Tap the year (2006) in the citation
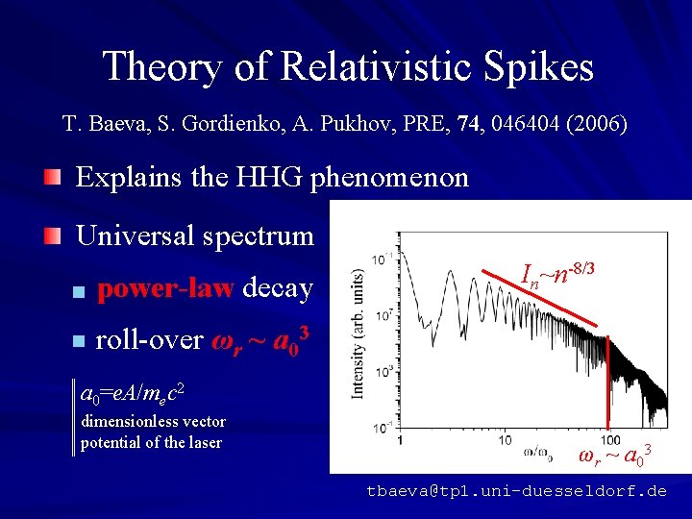(601, 124)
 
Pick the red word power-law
(165, 288)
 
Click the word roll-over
(148, 340)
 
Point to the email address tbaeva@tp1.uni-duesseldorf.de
(516, 491)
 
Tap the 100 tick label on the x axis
(609, 440)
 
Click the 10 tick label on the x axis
(504, 440)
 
